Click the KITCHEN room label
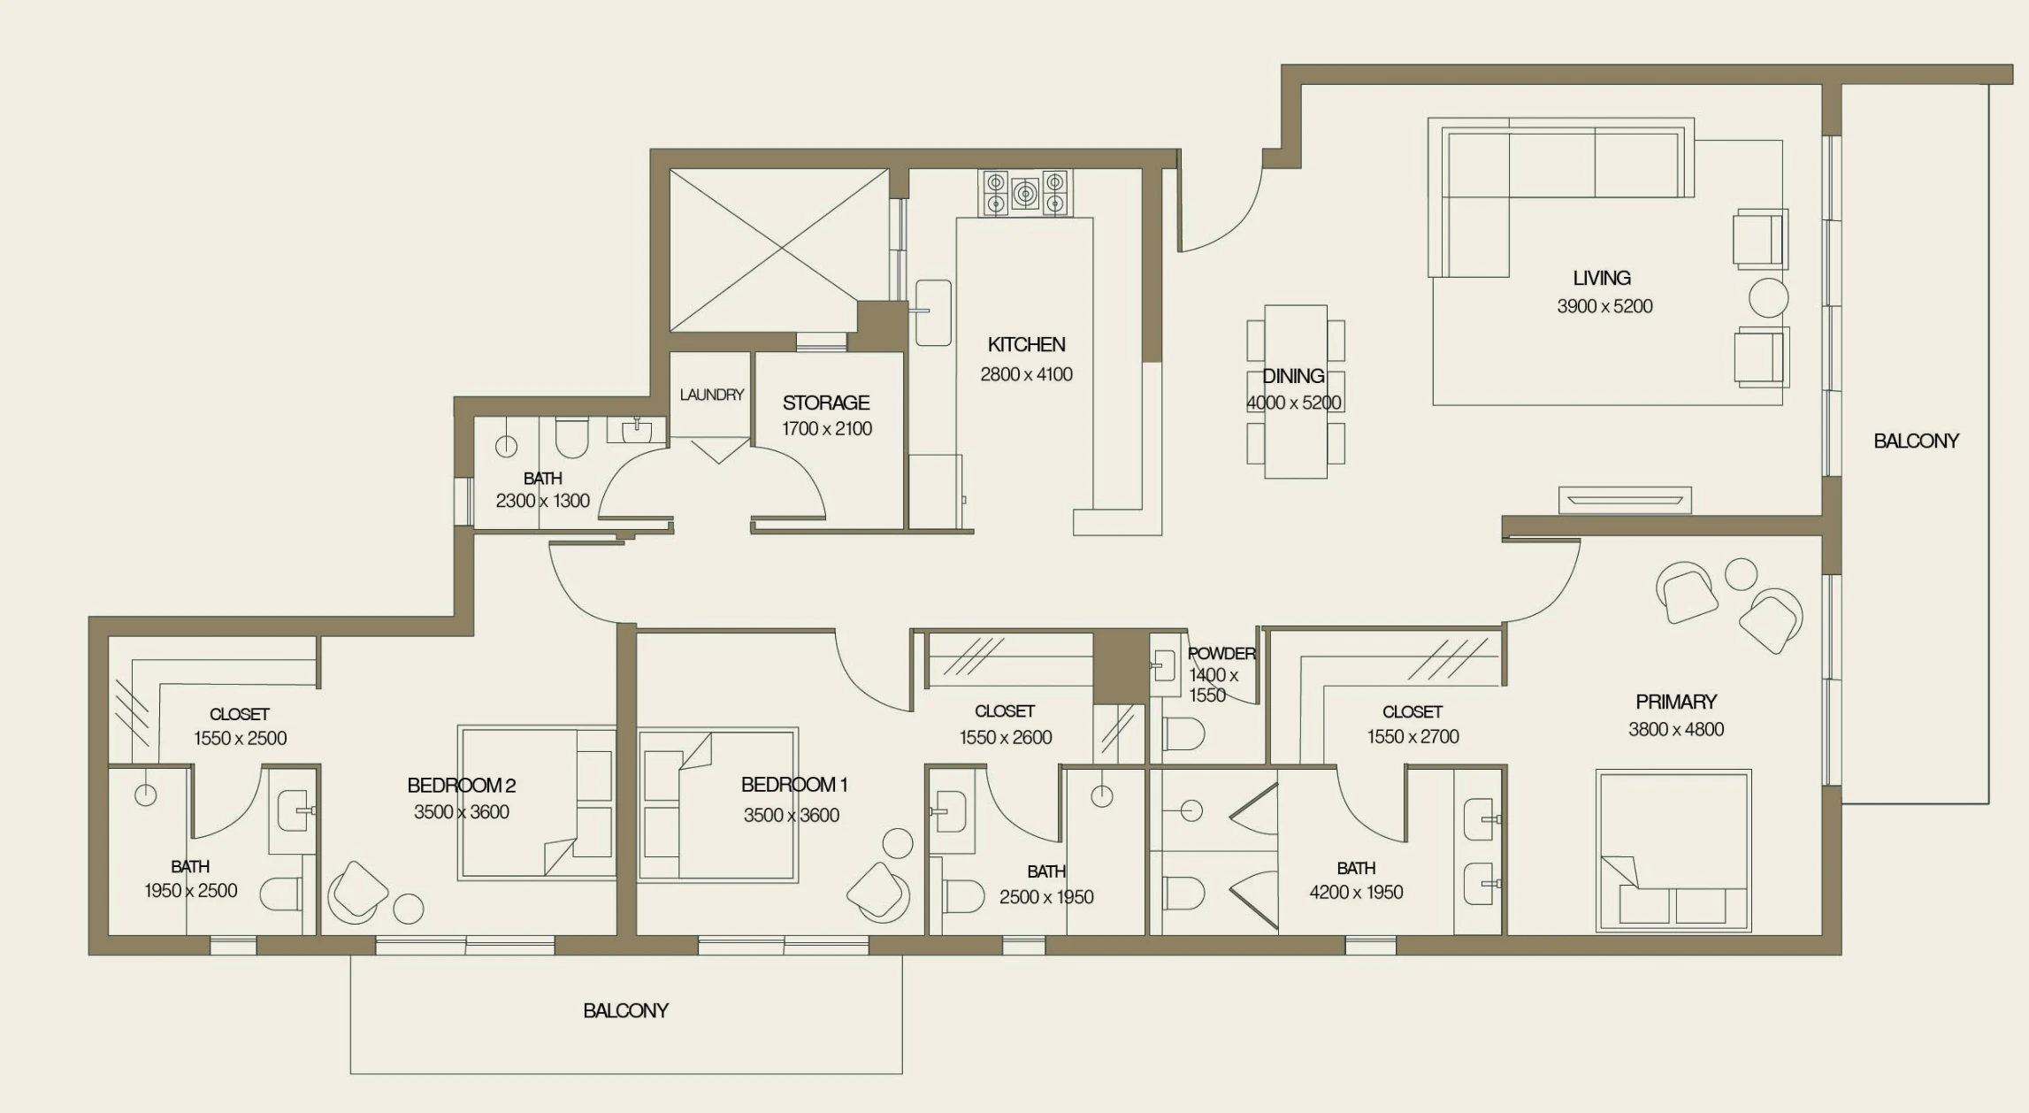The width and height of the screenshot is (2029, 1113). (x=1026, y=344)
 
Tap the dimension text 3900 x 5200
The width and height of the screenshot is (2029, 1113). (x=1604, y=306)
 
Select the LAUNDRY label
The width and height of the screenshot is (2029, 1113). (x=711, y=395)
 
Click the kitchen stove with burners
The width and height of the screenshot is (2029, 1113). (x=1025, y=193)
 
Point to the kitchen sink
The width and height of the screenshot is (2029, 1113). (x=932, y=311)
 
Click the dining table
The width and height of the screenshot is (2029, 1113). (x=1296, y=391)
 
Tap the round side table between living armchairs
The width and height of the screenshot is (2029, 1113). (x=1768, y=298)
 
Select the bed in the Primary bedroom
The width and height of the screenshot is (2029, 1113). (x=1673, y=850)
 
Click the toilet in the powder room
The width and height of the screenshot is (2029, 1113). (x=1183, y=733)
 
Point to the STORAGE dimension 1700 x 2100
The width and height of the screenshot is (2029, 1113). (x=826, y=429)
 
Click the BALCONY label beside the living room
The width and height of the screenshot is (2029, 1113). (x=1916, y=441)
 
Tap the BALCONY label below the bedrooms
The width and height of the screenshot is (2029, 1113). (x=625, y=1010)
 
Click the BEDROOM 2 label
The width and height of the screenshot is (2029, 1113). (x=461, y=785)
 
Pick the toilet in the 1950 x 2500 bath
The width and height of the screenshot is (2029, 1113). (x=282, y=894)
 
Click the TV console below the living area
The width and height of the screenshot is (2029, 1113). (x=1624, y=500)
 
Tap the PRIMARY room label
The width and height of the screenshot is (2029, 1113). (x=1675, y=702)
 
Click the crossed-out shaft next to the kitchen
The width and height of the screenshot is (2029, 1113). (x=778, y=250)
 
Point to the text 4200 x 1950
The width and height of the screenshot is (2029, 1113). (x=1356, y=893)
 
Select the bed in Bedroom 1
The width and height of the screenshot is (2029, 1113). (x=717, y=804)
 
